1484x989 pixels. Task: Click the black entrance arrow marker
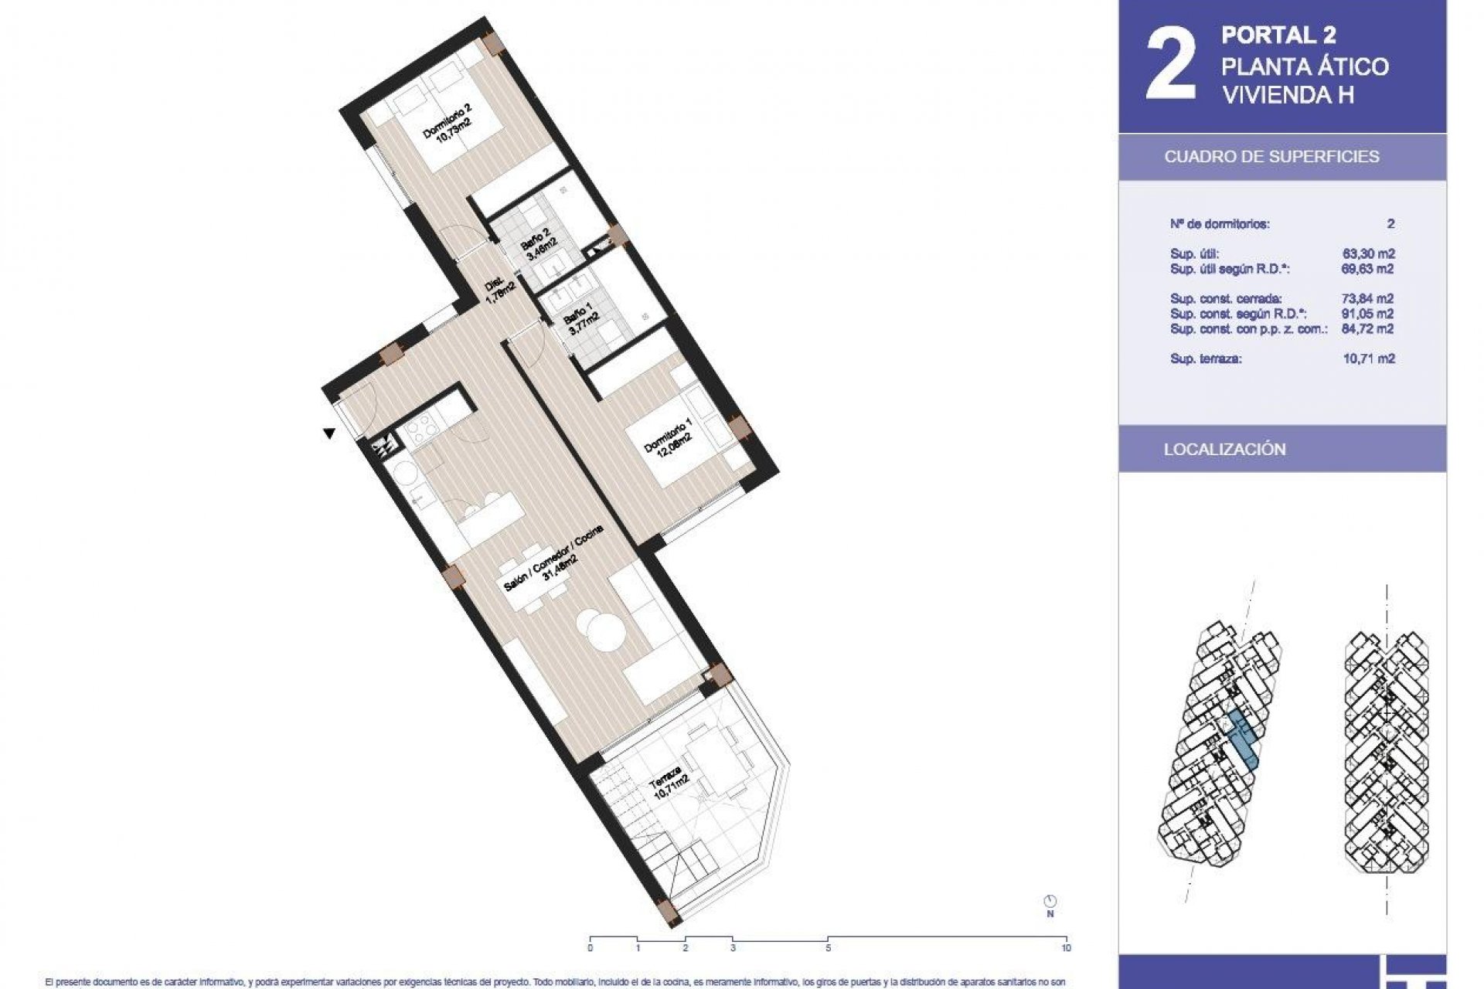[x=329, y=433]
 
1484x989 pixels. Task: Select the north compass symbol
[x=1050, y=901]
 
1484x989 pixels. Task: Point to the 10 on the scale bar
[x=1066, y=948]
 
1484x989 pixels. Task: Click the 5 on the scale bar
[x=828, y=948]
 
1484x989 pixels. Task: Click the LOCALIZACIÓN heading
[x=1224, y=450]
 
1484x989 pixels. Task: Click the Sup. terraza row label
[x=1206, y=359]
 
